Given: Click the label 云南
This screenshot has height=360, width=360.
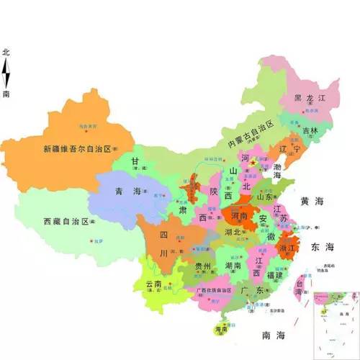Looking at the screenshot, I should pyautogui.click(x=157, y=284).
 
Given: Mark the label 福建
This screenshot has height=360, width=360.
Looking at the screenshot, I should pyautogui.click(x=274, y=275).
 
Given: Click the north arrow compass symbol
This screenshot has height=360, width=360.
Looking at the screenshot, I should pyautogui.click(x=6, y=73).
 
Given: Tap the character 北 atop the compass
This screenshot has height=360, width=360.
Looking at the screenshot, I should pyautogui.click(x=6, y=53).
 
